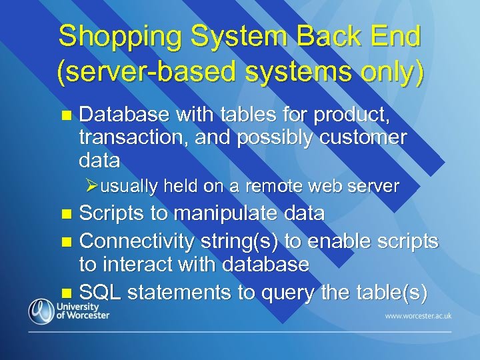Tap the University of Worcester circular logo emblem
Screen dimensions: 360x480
pyautogui.click(x=40, y=311)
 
